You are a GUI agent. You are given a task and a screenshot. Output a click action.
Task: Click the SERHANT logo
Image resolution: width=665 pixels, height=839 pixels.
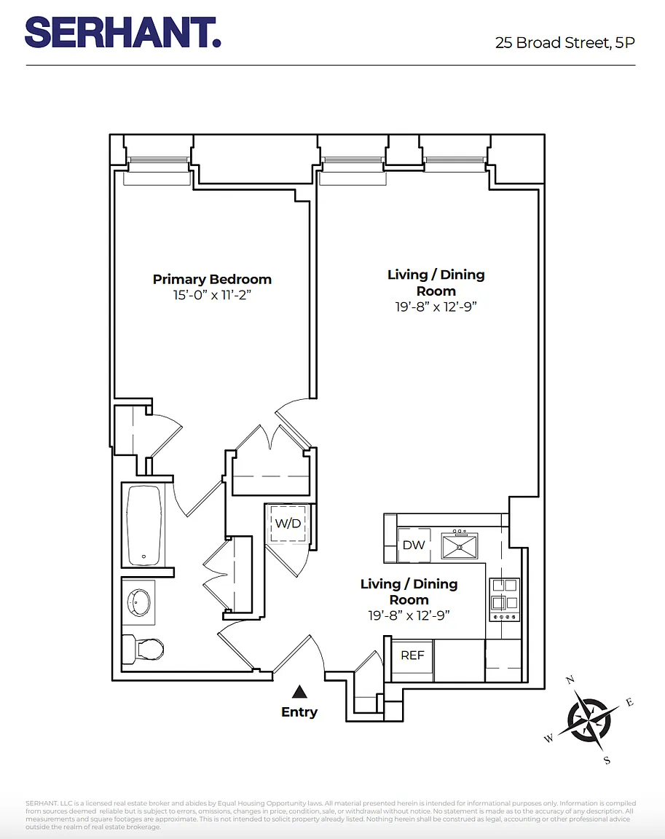122,33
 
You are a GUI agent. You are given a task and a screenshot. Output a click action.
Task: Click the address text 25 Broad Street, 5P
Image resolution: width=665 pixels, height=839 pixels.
564,42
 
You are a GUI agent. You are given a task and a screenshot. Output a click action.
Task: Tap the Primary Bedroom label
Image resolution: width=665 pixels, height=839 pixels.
212,280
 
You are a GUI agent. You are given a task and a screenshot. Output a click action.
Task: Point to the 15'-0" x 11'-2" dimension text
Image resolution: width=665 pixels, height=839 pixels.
212,296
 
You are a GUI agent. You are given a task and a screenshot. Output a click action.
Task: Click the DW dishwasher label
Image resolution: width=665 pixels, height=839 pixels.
414,545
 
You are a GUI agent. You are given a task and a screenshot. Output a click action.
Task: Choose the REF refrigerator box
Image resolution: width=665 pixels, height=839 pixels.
412,655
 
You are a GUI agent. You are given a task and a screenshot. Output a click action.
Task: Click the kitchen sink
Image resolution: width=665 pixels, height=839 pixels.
459,545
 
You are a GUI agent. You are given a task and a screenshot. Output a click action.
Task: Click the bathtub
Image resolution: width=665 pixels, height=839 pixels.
144,525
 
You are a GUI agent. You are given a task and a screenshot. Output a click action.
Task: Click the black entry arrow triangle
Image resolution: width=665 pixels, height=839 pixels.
299,691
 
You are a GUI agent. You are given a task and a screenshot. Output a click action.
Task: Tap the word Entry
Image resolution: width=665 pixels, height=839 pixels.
299,712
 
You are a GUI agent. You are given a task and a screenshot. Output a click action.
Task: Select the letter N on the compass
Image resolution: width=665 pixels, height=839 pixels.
570,680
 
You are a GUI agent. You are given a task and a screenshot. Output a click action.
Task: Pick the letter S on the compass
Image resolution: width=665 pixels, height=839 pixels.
607,760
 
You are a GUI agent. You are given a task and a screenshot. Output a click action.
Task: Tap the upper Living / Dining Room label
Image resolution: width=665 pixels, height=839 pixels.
436,283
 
